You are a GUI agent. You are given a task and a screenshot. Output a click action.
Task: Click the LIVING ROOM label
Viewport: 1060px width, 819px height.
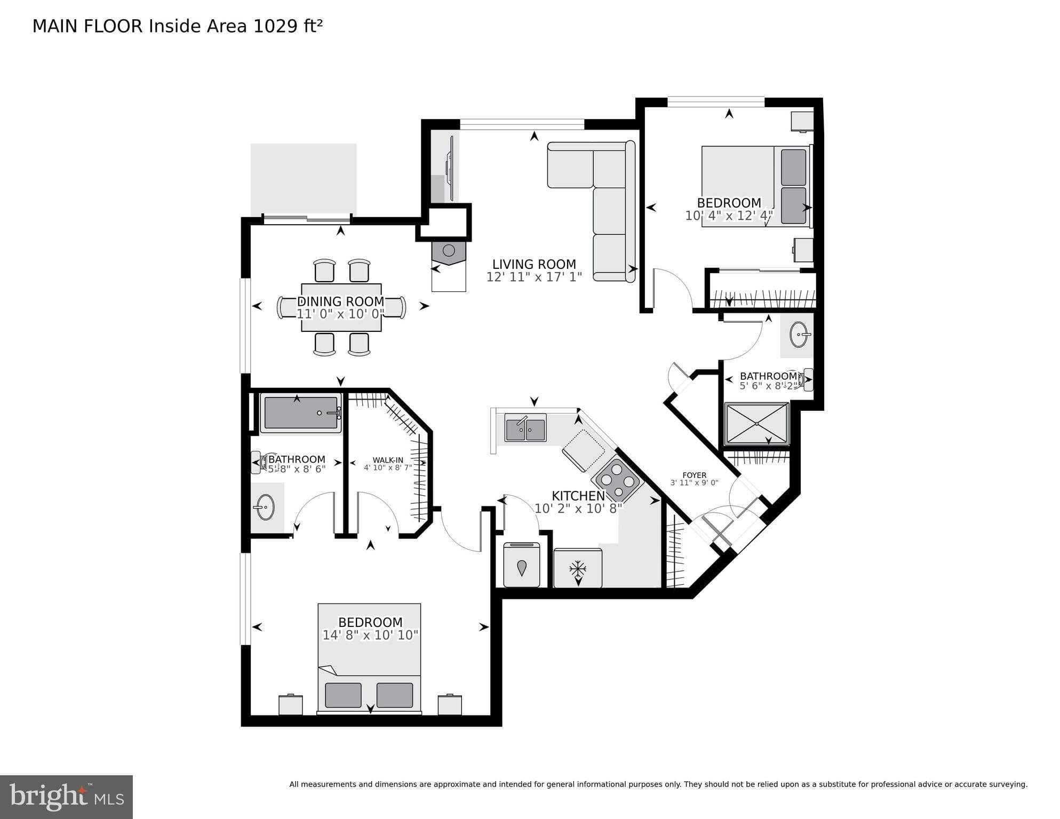tap(533, 264)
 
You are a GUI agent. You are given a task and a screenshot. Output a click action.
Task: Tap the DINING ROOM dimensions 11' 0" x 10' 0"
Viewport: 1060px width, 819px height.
tap(340, 314)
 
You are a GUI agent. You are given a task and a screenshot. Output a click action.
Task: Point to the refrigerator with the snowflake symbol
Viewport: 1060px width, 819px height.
tap(578, 569)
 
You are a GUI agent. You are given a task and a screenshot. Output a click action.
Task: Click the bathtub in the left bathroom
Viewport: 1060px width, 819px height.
tap(301, 413)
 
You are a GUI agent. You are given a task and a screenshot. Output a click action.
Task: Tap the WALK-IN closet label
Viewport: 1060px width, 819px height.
tap(388, 460)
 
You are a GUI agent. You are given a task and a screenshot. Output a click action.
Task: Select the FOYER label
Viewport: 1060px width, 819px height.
tap(694, 475)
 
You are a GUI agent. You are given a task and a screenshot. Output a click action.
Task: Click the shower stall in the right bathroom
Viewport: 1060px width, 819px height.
tap(756, 424)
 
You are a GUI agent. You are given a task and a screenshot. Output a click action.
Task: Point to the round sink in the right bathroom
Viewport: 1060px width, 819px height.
tap(799, 335)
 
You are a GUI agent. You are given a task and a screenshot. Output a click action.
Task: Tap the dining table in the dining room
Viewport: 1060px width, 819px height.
tap(341, 307)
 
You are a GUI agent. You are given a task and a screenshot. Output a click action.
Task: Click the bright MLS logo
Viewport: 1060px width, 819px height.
tap(66, 797)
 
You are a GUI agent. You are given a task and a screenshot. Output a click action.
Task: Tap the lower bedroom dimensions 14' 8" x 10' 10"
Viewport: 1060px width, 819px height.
tap(370, 635)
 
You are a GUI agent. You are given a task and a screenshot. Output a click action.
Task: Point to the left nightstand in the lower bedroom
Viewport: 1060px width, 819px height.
tap(291, 704)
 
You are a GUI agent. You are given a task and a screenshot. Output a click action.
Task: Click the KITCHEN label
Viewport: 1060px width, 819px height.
tap(578, 496)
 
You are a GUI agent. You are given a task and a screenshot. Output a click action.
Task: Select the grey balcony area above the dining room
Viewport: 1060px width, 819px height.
tap(304, 179)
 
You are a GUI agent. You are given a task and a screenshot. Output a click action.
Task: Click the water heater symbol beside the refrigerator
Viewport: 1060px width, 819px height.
tap(522, 568)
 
